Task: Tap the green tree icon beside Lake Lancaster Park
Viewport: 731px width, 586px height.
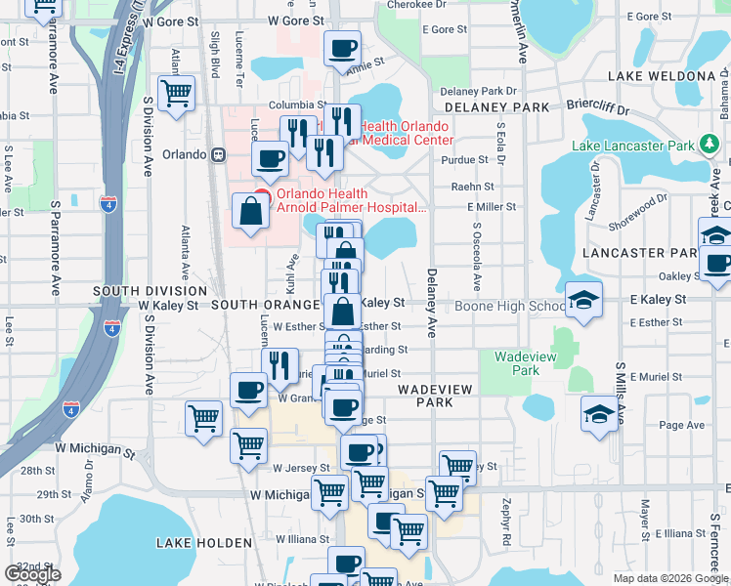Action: click(709, 146)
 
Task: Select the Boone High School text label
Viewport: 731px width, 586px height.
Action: click(508, 307)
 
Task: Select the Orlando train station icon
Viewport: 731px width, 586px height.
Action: click(220, 154)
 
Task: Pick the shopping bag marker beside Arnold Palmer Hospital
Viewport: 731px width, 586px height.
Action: click(251, 211)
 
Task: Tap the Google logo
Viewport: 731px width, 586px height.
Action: click(32, 574)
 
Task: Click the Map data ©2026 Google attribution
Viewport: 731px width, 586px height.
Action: click(669, 578)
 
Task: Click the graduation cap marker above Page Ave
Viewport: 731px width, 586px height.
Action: click(598, 412)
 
